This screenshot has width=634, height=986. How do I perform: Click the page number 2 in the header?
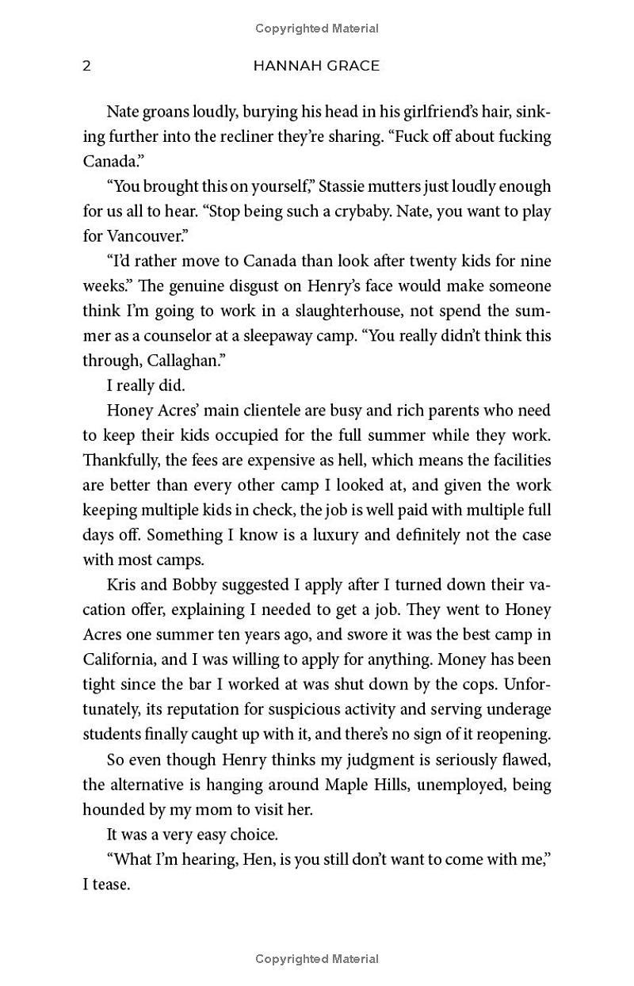87,66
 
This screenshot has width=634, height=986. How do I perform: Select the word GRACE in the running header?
353,66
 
